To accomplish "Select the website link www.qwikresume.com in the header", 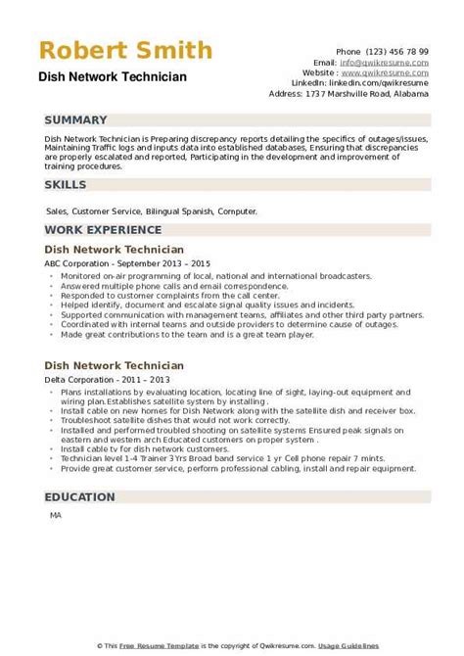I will tap(391, 71).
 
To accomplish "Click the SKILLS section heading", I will tap(66, 184).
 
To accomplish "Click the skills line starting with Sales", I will tap(151, 211).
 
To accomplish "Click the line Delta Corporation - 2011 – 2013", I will tap(103, 378).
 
